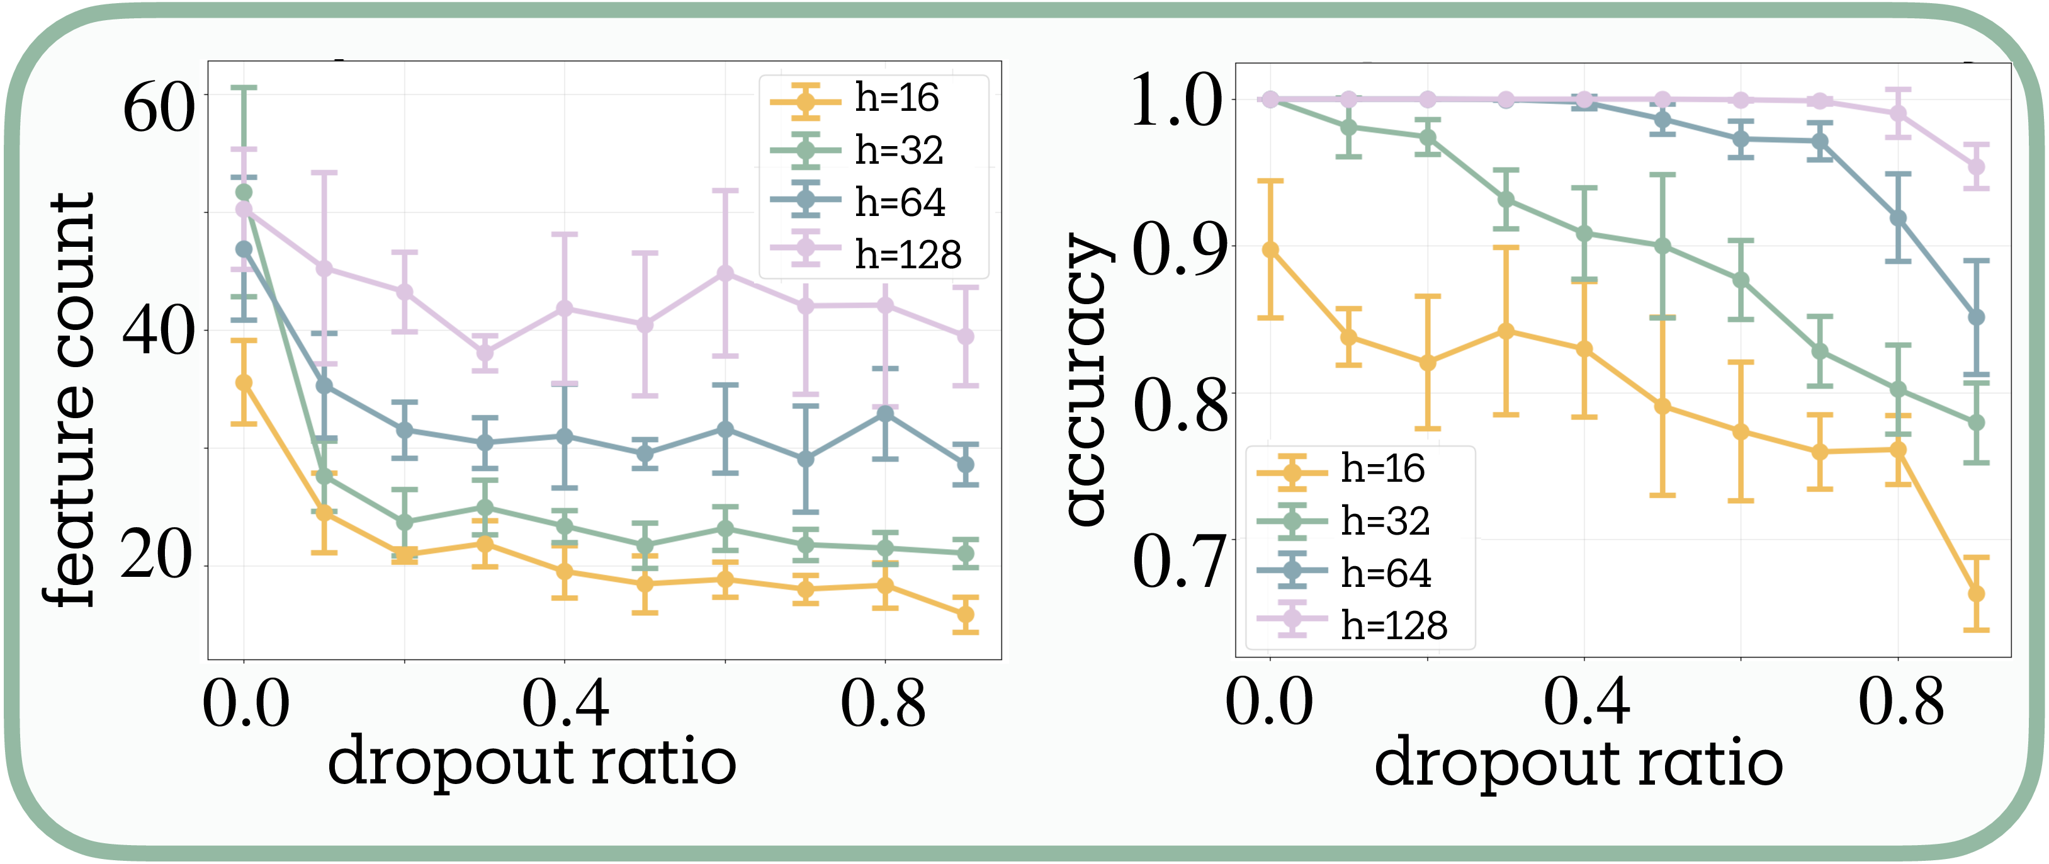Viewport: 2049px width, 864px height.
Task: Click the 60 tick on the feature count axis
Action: (x=158, y=108)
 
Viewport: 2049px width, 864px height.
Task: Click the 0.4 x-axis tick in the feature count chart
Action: (x=565, y=703)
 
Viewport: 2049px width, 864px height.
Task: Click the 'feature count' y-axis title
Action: (x=70, y=400)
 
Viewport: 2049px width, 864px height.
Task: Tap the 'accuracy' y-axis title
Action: (x=1085, y=380)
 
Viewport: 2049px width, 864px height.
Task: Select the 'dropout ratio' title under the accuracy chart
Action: (x=1578, y=762)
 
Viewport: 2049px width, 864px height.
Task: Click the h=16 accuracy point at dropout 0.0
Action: (x=1270, y=250)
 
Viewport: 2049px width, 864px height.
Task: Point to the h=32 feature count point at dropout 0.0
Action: (x=244, y=193)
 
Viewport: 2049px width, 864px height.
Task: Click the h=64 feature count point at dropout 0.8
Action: (x=884, y=414)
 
